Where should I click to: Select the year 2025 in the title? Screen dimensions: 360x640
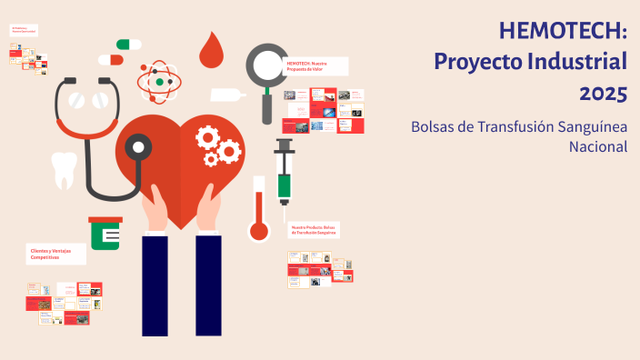(604, 93)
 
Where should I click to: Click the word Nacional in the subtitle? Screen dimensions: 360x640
(598, 146)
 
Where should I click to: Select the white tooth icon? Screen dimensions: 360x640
(65, 170)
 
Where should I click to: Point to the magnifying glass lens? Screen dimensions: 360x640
(267, 65)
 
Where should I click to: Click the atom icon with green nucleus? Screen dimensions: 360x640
(160, 82)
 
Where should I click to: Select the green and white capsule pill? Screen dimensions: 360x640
(129, 44)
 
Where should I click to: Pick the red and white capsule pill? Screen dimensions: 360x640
(110, 60)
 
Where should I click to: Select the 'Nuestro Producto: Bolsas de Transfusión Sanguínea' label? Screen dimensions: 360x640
(314, 229)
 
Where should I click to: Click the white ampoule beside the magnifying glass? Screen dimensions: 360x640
(227, 95)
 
